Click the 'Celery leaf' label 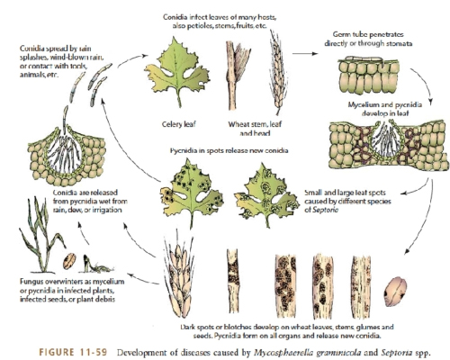click(179, 124)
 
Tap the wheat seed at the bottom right click(396, 292)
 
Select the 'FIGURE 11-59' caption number click(73, 352)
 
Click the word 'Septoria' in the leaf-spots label click(325, 210)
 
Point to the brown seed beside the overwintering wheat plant click(69, 261)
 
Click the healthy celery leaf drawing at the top click(177, 71)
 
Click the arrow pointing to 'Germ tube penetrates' click(305, 54)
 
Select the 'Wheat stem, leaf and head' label click(255, 128)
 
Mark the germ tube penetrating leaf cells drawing click(369, 75)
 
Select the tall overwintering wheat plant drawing click(41, 234)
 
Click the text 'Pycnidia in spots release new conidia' click(229, 150)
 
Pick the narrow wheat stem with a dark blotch click(234, 281)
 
